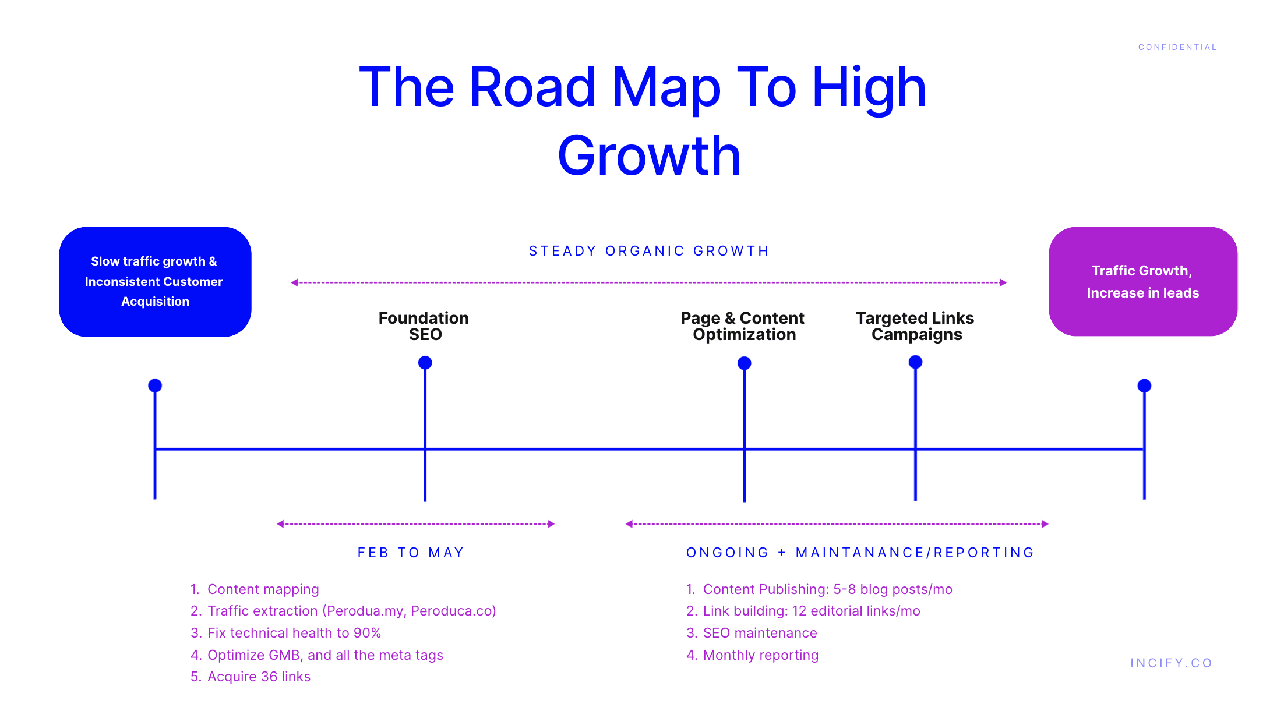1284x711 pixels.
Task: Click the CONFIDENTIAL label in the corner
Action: [1177, 47]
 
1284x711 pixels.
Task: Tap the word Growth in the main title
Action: [648, 155]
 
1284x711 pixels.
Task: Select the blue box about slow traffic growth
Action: [155, 281]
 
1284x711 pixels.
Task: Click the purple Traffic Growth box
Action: [1142, 281]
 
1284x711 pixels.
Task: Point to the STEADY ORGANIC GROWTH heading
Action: [649, 251]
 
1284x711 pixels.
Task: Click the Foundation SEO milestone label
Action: [424, 326]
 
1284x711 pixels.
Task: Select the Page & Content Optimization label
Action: [743, 326]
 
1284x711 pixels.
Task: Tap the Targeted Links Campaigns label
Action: [915, 326]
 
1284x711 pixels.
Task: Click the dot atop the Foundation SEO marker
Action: [425, 363]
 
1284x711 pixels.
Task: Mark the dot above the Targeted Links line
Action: [915, 362]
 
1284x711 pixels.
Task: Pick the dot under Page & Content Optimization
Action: [744, 363]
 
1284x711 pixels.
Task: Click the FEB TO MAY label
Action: [411, 553]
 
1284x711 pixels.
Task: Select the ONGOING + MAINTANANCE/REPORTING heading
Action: [860, 553]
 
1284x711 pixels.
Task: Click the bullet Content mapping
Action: [263, 589]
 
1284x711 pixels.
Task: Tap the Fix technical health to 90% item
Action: [294, 633]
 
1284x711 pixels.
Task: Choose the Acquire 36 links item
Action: [259, 677]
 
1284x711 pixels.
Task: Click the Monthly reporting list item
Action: [760, 655]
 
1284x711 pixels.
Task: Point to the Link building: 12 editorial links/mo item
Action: [811, 611]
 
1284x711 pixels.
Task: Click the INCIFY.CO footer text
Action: [1171, 663]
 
